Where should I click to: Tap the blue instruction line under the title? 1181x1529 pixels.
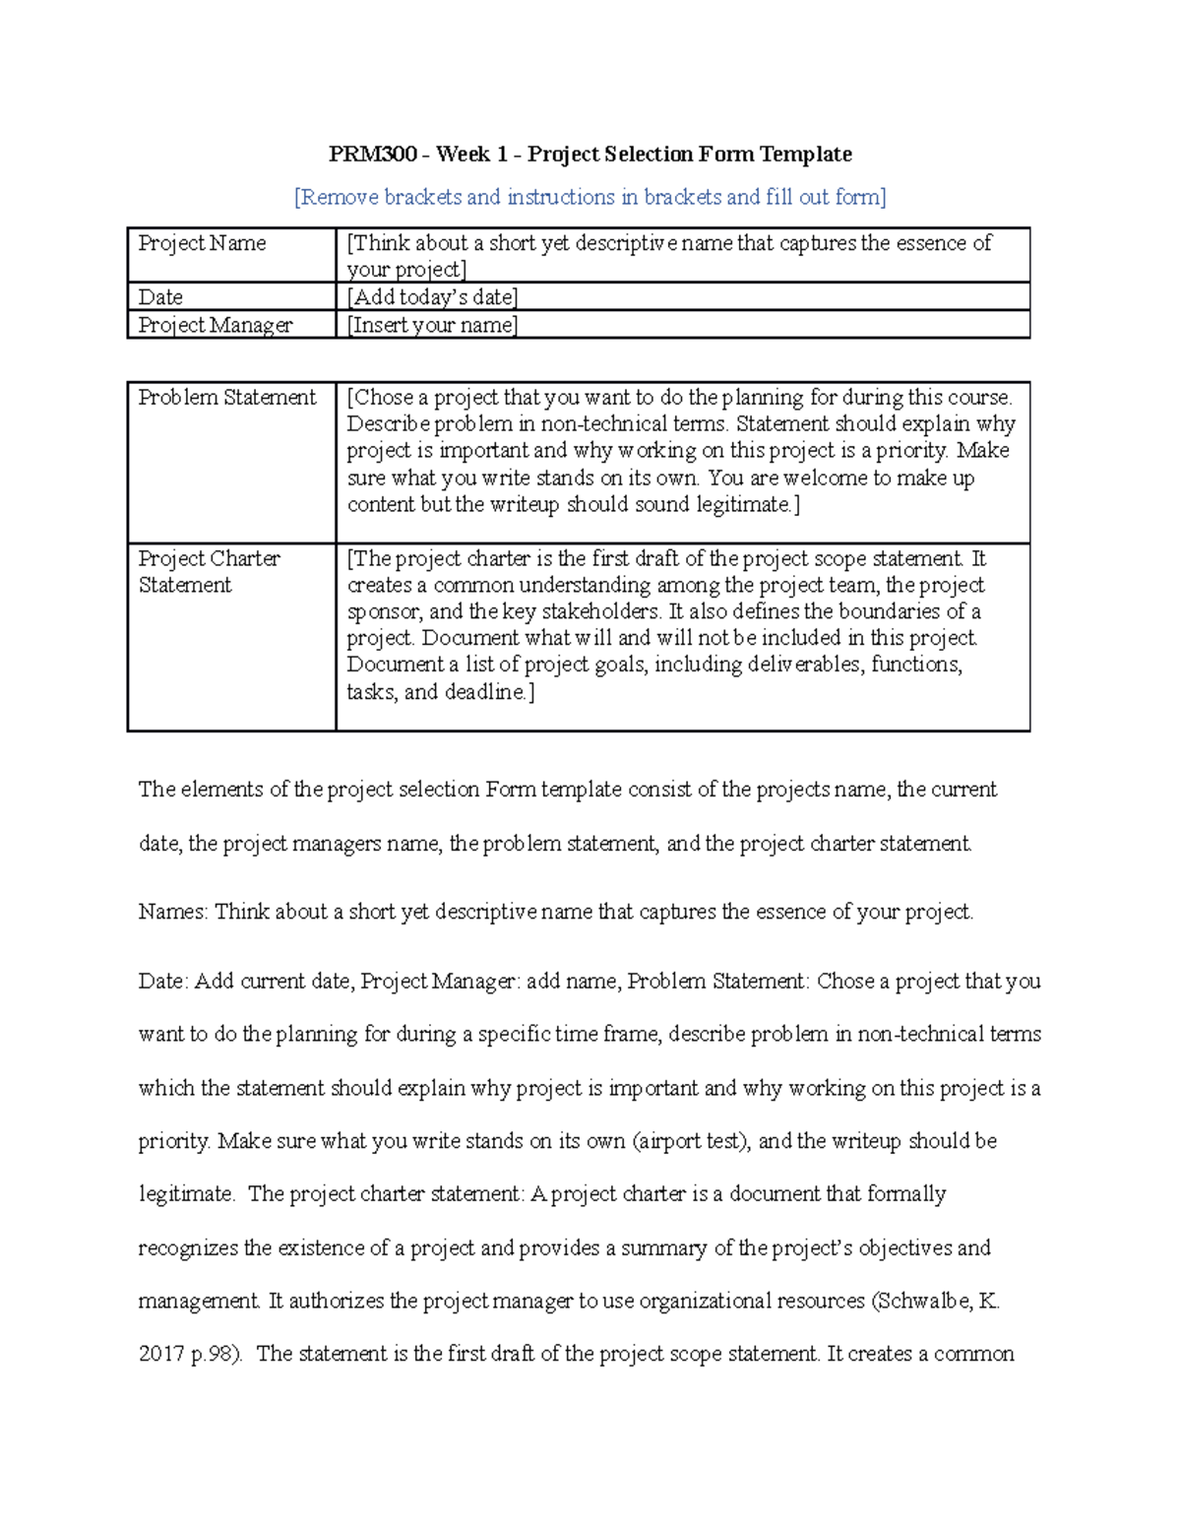(590, 197)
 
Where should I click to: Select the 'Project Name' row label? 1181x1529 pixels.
(202, 243)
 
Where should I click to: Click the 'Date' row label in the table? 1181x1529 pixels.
(160, 297)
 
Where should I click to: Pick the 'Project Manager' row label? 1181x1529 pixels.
(215, 325)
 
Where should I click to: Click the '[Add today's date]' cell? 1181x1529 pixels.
(432, 297)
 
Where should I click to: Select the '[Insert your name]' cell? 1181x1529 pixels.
(432, 325)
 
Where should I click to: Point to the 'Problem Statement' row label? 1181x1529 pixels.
(226, 398)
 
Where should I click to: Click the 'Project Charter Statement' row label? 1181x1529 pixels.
(209, 571)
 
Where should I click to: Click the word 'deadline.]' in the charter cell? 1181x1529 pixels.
(489, 692)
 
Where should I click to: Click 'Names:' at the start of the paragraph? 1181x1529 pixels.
(172, 912)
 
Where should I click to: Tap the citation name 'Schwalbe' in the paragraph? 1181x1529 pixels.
(921, 1301)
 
